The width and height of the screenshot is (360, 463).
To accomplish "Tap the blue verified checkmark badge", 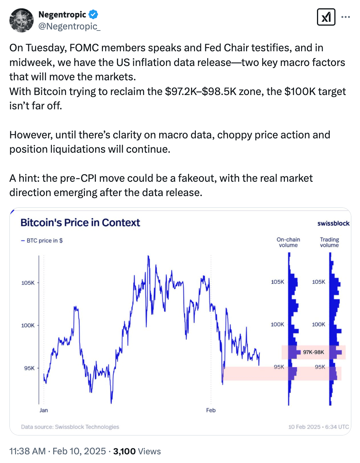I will tap(93, 15).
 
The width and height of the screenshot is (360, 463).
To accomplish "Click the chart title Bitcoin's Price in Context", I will tap(80, 222).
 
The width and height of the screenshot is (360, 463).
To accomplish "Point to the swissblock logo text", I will tap(333, 223).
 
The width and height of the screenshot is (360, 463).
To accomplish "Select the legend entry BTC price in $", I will tap(42, 240).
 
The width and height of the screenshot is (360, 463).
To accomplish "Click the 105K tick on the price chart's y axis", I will tap(28, 283).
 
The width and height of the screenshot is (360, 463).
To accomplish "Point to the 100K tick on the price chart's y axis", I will tap(28, 325).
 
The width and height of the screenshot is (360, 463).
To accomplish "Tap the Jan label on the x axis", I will tap(44, 410).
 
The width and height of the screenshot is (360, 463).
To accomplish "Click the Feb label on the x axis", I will tap(211, 410).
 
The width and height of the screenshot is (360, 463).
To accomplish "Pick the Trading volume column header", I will tap(329, 242).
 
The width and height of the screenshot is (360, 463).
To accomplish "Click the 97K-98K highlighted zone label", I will tap(314, 352).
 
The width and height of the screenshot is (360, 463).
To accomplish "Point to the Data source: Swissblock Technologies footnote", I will tap(70, 427).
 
